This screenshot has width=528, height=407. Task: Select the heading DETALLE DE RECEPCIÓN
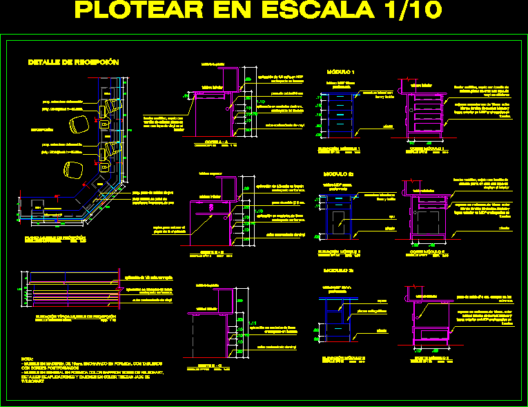[x=73, y=63]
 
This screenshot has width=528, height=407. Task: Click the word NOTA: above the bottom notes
[x=28, y=359]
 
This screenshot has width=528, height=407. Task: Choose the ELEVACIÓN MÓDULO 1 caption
[x=340, y=149]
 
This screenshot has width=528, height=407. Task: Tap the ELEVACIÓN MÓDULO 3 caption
[x=340, y=357]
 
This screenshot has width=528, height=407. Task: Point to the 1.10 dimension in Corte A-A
[x=260, y=102]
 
